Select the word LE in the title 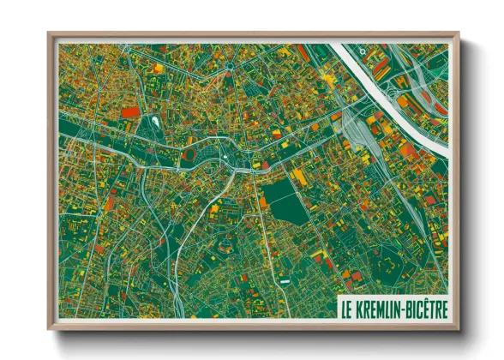click(x=346, y=307)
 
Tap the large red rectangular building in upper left click(x=129, y=111)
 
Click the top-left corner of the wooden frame click(x=50, y=34)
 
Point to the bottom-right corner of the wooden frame click(x=459, y=328)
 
